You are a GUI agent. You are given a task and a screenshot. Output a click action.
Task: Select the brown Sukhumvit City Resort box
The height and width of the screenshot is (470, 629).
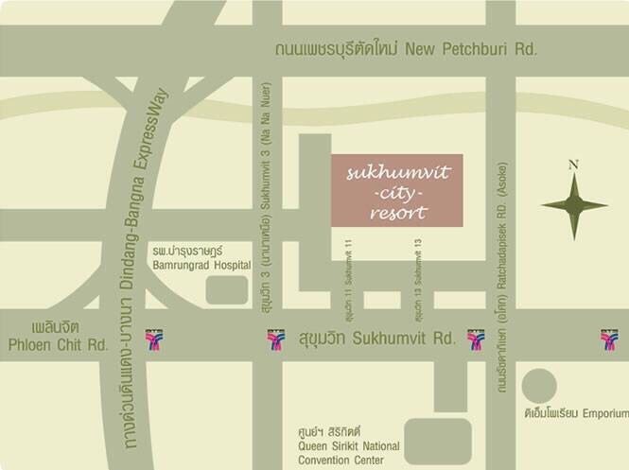pyautogui.click(x=397, y=190)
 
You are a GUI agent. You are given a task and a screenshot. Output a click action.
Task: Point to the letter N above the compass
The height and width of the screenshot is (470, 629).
pyautogui.click(x=573, y=165)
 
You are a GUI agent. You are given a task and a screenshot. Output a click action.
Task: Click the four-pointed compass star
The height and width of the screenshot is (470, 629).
pyautogui.click(x=574, y=205)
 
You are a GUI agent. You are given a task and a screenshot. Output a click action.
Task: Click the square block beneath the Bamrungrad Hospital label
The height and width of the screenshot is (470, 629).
pyautogui.click(x=227, y=289)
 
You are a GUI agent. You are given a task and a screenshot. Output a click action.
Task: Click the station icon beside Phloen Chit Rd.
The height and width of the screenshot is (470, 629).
pyautogui.click(x=153, y=339)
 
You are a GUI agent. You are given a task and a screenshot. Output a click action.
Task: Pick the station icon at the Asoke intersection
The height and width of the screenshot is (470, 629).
pyautogui.click(x=476, y=339)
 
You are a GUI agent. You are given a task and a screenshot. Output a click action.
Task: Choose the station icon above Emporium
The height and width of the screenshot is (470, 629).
pyautogui.click(x=608, y=339)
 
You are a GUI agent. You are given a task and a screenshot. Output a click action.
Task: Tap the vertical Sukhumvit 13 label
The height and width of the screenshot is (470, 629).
pyautogui.click(x=416, y=274)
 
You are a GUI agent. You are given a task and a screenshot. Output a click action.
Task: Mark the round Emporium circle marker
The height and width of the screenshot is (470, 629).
pyautogui.click(x=539, y=385)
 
